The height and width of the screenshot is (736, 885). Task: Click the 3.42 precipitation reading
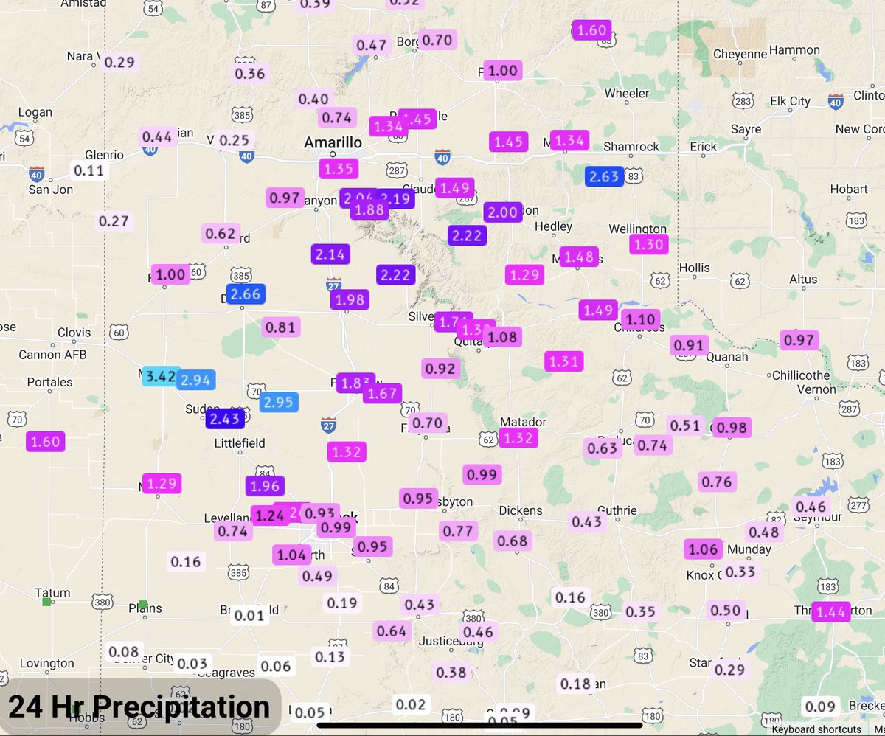pos(160,377)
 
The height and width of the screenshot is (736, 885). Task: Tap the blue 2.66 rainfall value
pos(245,295)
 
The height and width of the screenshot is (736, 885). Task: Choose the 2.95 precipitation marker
pos(279,402)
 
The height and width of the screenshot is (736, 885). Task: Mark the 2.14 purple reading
pos(330,254)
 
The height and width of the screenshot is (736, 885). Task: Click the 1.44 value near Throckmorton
pos(831,611)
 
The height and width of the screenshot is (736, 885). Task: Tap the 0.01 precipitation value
pos(249,615)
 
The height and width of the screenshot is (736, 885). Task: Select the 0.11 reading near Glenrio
pos(90,171)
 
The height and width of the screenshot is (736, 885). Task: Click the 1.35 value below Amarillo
pos(339,169)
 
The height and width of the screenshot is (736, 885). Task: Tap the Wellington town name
pos(637,229)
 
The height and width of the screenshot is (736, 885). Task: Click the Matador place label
pos(523,422)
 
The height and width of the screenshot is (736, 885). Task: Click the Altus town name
pos(802,279)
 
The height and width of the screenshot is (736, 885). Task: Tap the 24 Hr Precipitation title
pos(139,707)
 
